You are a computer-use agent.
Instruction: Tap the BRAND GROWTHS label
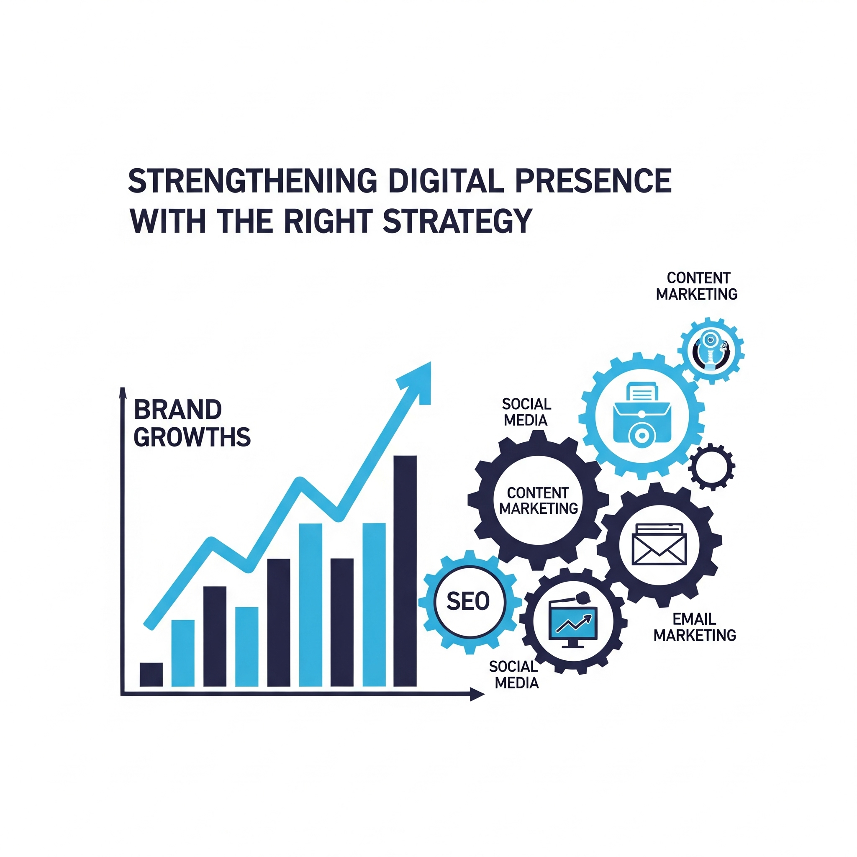pos(192,423)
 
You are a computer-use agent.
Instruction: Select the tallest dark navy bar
pos(405,571)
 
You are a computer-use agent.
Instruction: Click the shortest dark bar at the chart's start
pos(151,674)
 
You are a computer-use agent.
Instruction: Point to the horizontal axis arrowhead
pos(477,695)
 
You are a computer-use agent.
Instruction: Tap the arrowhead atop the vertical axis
pos(123,393)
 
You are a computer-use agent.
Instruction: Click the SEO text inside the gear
pos(468,601)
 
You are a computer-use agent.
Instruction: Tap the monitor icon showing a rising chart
pos(573,621)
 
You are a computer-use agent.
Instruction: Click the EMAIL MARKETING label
pos(695,627)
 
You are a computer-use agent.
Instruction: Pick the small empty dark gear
pos(712,467)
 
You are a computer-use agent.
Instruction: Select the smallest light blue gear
pos(711,351)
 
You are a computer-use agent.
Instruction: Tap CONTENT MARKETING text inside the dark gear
pos(539,500)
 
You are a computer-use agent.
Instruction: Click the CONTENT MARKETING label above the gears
pos(697,286)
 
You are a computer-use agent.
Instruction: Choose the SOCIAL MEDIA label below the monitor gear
pos(516,674)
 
